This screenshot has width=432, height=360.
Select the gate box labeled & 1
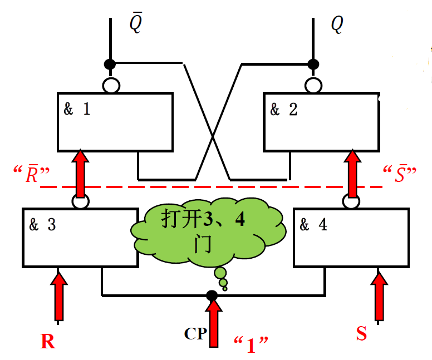115,121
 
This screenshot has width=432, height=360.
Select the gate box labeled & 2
321,121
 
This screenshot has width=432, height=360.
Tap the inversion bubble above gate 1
111,85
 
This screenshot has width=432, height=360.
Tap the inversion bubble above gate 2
313,85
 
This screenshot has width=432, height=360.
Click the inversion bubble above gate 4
351,201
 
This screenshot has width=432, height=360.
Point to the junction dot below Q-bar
110,64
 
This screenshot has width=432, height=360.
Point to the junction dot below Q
313,64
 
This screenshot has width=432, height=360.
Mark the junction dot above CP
212,294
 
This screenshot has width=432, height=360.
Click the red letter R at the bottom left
48,341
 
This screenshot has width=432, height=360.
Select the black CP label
195,334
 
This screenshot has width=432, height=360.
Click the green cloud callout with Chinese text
209,231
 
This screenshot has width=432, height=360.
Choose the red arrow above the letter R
58,295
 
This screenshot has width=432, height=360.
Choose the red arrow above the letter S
379,295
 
